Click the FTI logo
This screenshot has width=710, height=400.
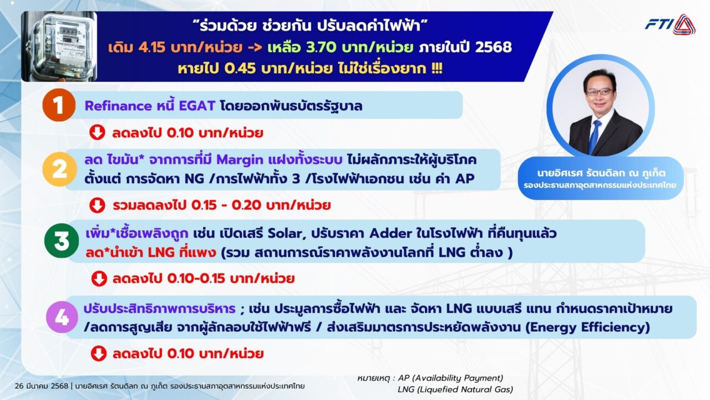[x=670, y=24]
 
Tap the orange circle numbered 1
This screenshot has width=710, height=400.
[x=59, y=105]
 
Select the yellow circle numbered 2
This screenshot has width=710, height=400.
[x=59, y=169]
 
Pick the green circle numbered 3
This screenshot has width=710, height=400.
[x=62, y=241]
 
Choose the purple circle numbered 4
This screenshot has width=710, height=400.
[x=62, y=317]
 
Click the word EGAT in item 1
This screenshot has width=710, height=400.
[x=197, y=106]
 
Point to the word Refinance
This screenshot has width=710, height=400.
[x=118, y=106]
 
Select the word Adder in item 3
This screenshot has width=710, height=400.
[x=390, y=234]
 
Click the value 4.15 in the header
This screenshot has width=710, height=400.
[x=152, y=47]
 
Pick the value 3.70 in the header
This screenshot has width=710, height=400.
[x=321, y=47]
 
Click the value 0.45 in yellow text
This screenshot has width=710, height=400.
[x=240, y=68]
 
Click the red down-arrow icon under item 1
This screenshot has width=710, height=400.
[x=97, y=132]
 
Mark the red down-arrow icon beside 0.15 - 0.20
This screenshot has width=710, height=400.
[x=97, y=205]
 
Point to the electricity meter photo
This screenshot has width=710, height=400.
[x=59, y=46]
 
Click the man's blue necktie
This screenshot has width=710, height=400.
[x=595, y=137]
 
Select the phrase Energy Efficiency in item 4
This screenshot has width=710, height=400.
[x=587, y=327]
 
